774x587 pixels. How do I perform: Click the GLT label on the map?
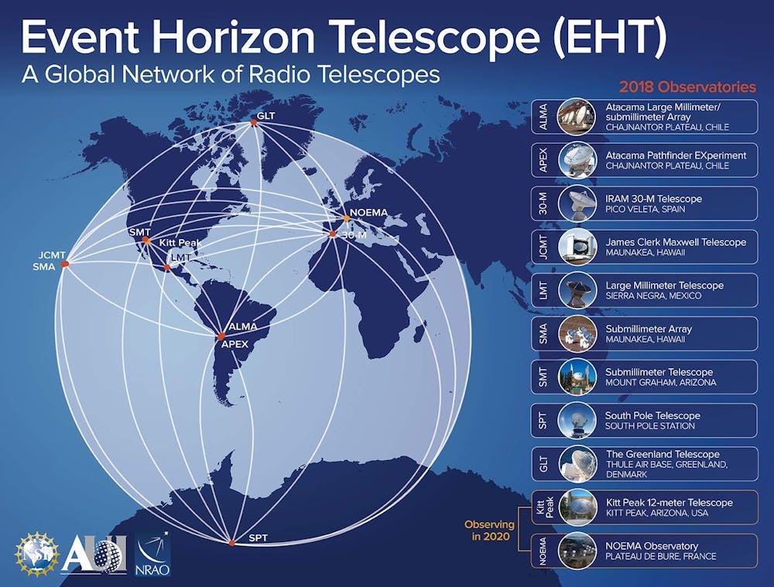pyautogui.click(x=266, y=116)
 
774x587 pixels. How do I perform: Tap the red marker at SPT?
pyautogui.click(x=232, y=543)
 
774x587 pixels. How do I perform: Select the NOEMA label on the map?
pyautogui.click(x=368, y=213)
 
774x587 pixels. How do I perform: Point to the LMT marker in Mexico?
pyautogui.click(x=167, y=268)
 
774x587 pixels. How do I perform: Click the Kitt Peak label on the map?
pyautogui.click(x=180, y=243)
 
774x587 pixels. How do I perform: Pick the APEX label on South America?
pyautogui.click(x=235, y=344)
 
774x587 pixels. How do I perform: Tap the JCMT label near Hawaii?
pyautogui.click(x=52, y=255)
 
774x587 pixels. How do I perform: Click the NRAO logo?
pyautogui.click(x=152, y=553)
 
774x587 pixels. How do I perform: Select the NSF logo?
pyautogui.click(x=36, y=554)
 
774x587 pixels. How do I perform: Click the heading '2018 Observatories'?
pyautogui.click(x=687, y=87)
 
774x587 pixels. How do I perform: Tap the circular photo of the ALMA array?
pyautogui.click(x=577, y=117)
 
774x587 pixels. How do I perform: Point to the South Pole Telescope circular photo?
pyautogui.click(x=577, y=420)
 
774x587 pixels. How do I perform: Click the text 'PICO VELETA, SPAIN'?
pyautogui.click(x=646, y=209)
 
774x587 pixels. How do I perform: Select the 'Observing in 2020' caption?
pyautogui.click(x=489, y=531)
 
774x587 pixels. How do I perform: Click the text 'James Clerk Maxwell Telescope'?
pyautogui.click(x=676, y=242)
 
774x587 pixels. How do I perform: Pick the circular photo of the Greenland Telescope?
pyautogui.click(x=577, y=464)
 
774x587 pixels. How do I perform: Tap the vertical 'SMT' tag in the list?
pyautogui.click(x=543, y=377)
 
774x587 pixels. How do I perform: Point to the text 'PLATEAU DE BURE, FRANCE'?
pyautogui.click(x=661, y=556)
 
